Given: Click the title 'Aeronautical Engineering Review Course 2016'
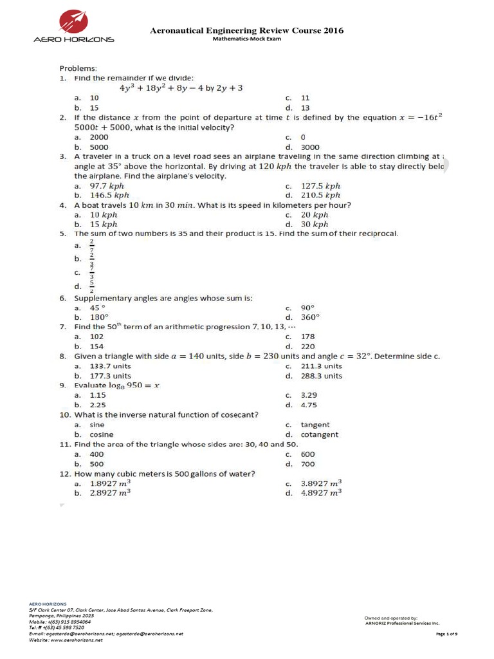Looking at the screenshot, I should point(246,30).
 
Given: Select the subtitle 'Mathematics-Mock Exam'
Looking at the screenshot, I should point(247,39).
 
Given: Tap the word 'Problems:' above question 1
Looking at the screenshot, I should point(78,68).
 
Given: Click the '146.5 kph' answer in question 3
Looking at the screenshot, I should point(109,195).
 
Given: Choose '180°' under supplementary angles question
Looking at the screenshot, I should point(99,317).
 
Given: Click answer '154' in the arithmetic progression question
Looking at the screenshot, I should point(96,346).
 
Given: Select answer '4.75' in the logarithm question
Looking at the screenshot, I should point(309,405).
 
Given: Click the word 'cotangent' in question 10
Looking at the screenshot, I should point(320,434).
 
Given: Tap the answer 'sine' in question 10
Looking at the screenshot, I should point(97,425).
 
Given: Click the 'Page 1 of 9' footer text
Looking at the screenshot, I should point(446,634).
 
